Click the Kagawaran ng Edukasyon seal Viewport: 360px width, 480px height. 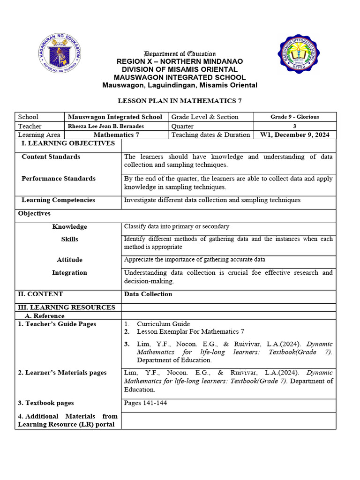click(x=59, y=54)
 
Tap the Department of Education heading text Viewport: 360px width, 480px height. click(x=180, y=54)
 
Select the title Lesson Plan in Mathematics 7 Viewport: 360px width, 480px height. click(x=180, y=101)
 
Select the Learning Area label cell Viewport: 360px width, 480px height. click(x=39, y=135)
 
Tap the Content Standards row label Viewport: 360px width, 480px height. click(x=51, y=157)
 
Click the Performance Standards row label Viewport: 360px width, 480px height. click(x=58, y=179)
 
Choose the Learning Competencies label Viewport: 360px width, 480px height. click(x=58, y=200)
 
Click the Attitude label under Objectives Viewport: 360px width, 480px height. click(x=69, y=260)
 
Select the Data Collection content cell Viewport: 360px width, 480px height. click(x=148, y=294)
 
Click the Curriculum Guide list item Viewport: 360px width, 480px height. click(x=163, y=324)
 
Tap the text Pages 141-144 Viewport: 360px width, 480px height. click(x=145, y=403)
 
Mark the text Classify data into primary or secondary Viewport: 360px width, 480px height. click(x=176, y=226)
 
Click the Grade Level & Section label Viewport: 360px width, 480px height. click(x=205, y=117)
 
